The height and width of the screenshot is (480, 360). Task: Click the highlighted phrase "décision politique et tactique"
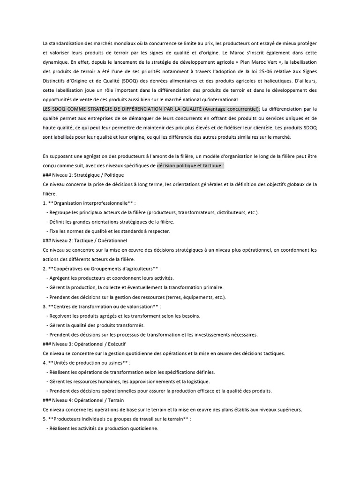point(189,165)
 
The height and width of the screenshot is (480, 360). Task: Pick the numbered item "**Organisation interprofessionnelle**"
point(91,203)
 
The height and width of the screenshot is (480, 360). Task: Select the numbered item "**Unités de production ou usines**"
point(89,362)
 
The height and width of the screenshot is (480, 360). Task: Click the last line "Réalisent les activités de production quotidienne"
point(104,428)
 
